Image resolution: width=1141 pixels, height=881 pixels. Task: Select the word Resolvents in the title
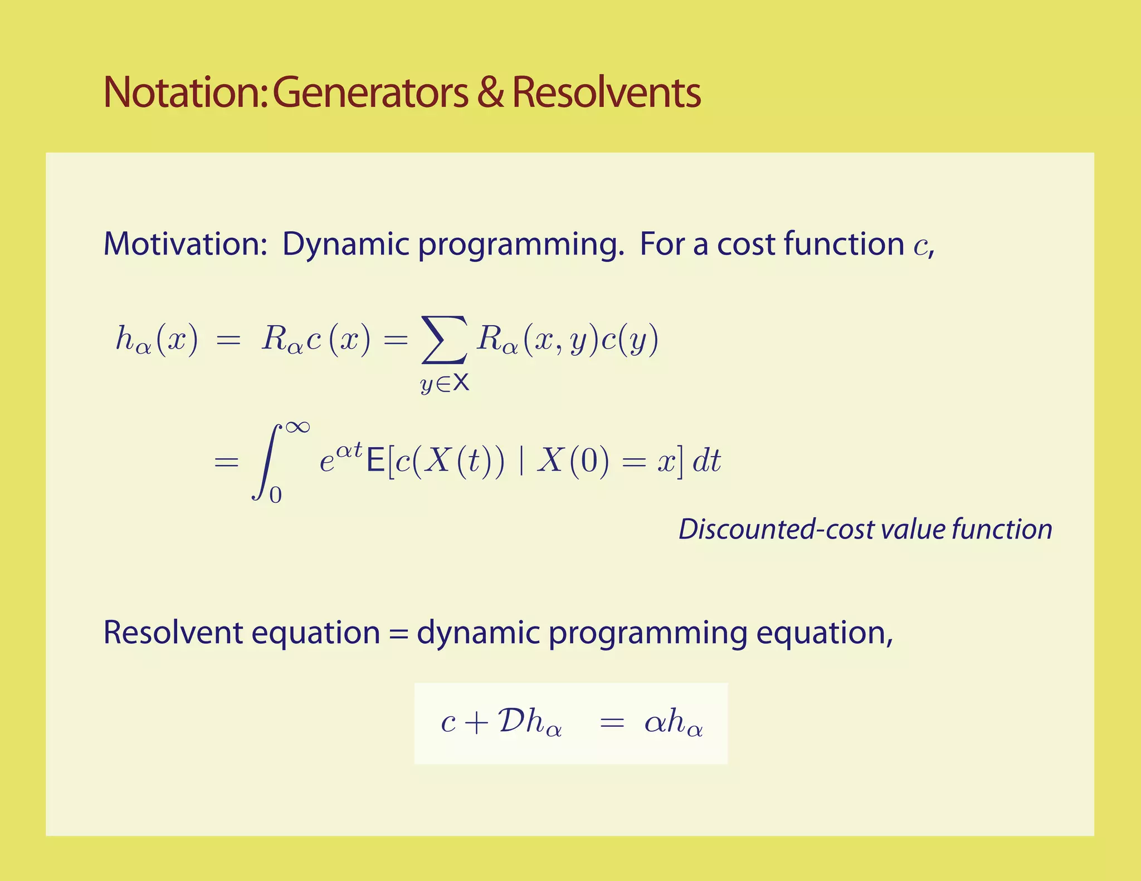click(x=606, y=92)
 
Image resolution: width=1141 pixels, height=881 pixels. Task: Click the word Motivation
click(x=186, y=244)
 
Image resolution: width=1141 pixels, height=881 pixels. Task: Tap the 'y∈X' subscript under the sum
click(x=445, y=383)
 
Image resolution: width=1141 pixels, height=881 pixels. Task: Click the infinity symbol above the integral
click(x=297, y=428)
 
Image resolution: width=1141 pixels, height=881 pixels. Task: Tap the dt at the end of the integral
click(x=706, y=461)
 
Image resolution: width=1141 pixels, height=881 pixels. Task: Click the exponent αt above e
click(x=349, y=449)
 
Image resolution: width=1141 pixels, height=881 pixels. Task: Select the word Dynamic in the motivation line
click(x=345, y=244)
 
